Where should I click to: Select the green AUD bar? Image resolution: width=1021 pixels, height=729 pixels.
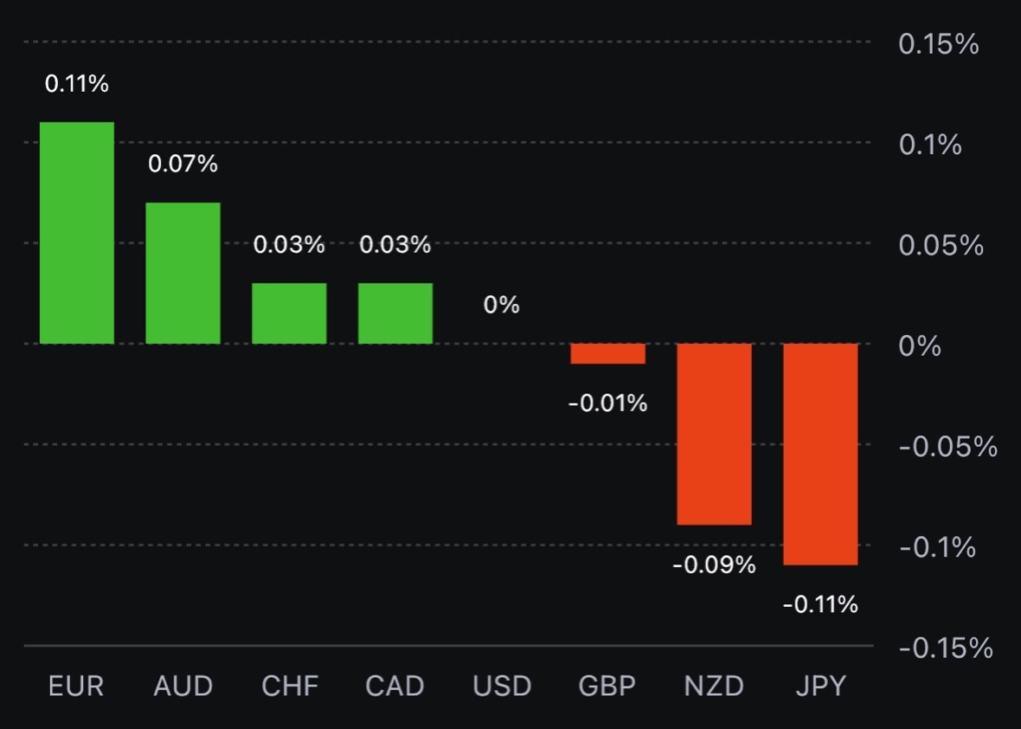pyautogui.click(x=183, y=273)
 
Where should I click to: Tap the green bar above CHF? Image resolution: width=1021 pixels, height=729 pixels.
pyautogui.click(x=289, y=313)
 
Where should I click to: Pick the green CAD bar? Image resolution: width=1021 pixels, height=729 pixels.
pyautogui.click(x=395, y=313)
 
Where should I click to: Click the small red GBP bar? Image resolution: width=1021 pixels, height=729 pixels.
pyautogui.click(x=607, y=353)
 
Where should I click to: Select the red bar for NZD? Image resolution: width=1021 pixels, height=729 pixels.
pyautogui.click(x=714, y=434)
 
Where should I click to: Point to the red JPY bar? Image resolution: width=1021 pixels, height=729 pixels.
pyautogui.click(x=820, y=454)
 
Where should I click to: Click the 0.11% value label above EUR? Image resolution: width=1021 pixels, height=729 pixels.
pyautogui.click(x=76, y=84)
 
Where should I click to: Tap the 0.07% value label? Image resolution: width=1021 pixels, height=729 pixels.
pyautogui.click(x=183, y=163)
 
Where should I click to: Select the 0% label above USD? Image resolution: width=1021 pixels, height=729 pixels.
pyautogui.click(x=502, y=305)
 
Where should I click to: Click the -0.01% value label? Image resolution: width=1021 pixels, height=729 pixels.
pyautogui.click(x=607, y=403)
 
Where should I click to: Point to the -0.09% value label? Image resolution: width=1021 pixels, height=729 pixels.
pyautogui.click(x=714, y=565)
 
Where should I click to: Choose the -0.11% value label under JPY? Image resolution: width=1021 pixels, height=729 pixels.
pyautogui.click(x=820, y=604)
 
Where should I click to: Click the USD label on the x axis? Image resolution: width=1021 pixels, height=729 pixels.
pyautogui.click(x=502, y=687)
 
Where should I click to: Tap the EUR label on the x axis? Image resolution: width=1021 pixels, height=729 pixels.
pyautogui.click(x=76, y=687)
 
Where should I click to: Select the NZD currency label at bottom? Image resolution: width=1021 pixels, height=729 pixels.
pyautogui.click(x=714, y=687)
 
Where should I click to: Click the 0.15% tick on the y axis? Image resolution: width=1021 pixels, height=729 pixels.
pyautogui.click(x=939, y=44)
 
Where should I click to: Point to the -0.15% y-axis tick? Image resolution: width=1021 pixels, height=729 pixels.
pyautogui.click(x=946, y=648)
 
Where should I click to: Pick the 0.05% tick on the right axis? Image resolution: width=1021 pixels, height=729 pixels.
pyautogui.click(x=941, y=246)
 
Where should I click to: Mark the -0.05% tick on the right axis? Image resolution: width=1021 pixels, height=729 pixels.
pyautogui.click(x=947, y=447)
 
